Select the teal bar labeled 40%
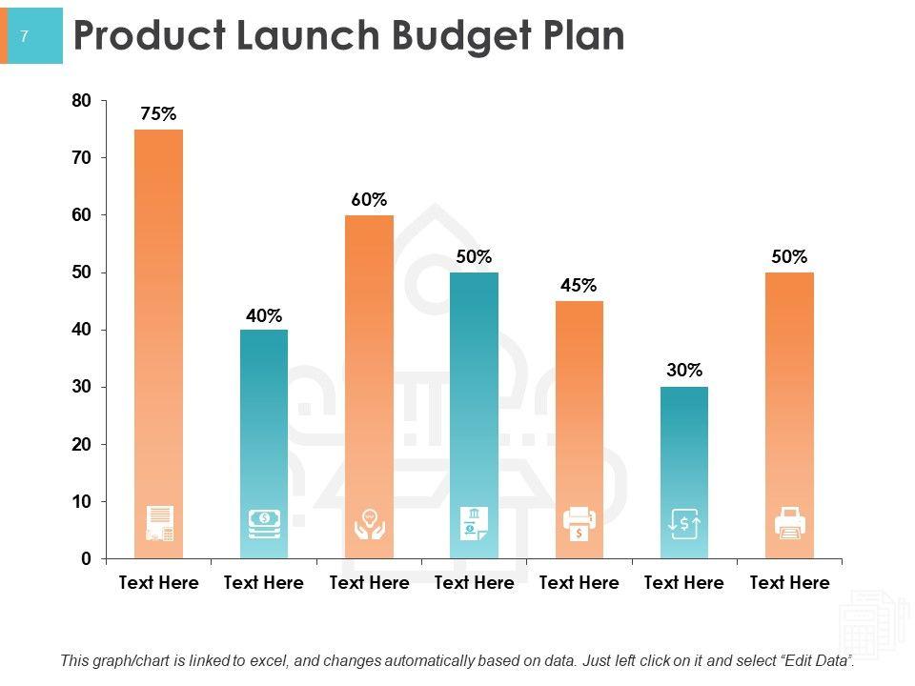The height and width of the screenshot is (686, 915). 263,419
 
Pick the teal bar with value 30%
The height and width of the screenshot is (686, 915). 684,448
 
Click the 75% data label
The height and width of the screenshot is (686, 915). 158,114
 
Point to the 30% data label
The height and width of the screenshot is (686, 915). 684,371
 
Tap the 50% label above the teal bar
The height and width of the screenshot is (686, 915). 474,256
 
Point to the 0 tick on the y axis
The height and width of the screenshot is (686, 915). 86,558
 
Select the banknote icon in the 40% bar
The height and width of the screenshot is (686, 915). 264,522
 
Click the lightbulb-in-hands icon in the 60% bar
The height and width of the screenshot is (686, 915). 369,524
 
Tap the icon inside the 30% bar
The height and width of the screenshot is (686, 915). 684,524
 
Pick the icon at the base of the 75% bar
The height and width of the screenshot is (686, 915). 159,524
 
